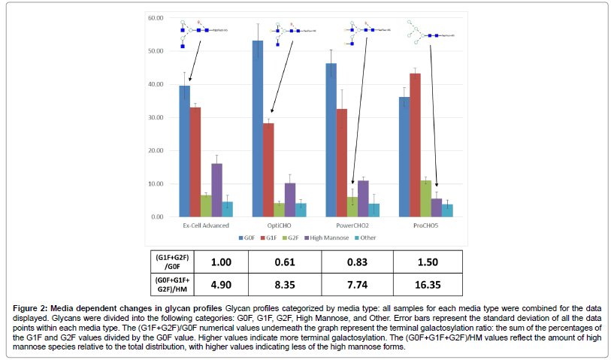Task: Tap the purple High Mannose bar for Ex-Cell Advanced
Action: [x=216, y=190]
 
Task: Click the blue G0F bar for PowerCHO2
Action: [x=331, y=140]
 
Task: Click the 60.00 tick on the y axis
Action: [x=156, y=18]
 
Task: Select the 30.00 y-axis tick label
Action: [x=156, y=117]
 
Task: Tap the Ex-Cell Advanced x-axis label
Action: [x=205, y=225]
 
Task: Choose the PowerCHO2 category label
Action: [x=348, y=225]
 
